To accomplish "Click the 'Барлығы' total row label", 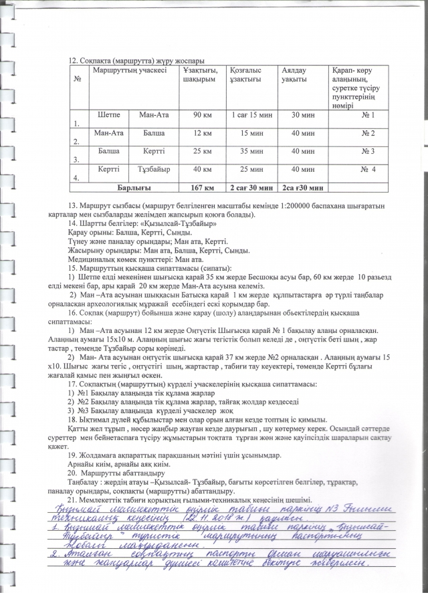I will point(133,187).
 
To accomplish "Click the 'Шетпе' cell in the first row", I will point(108,115).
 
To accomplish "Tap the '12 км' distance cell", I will point(202,134).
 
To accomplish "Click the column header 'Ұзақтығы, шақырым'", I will point(199,75).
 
